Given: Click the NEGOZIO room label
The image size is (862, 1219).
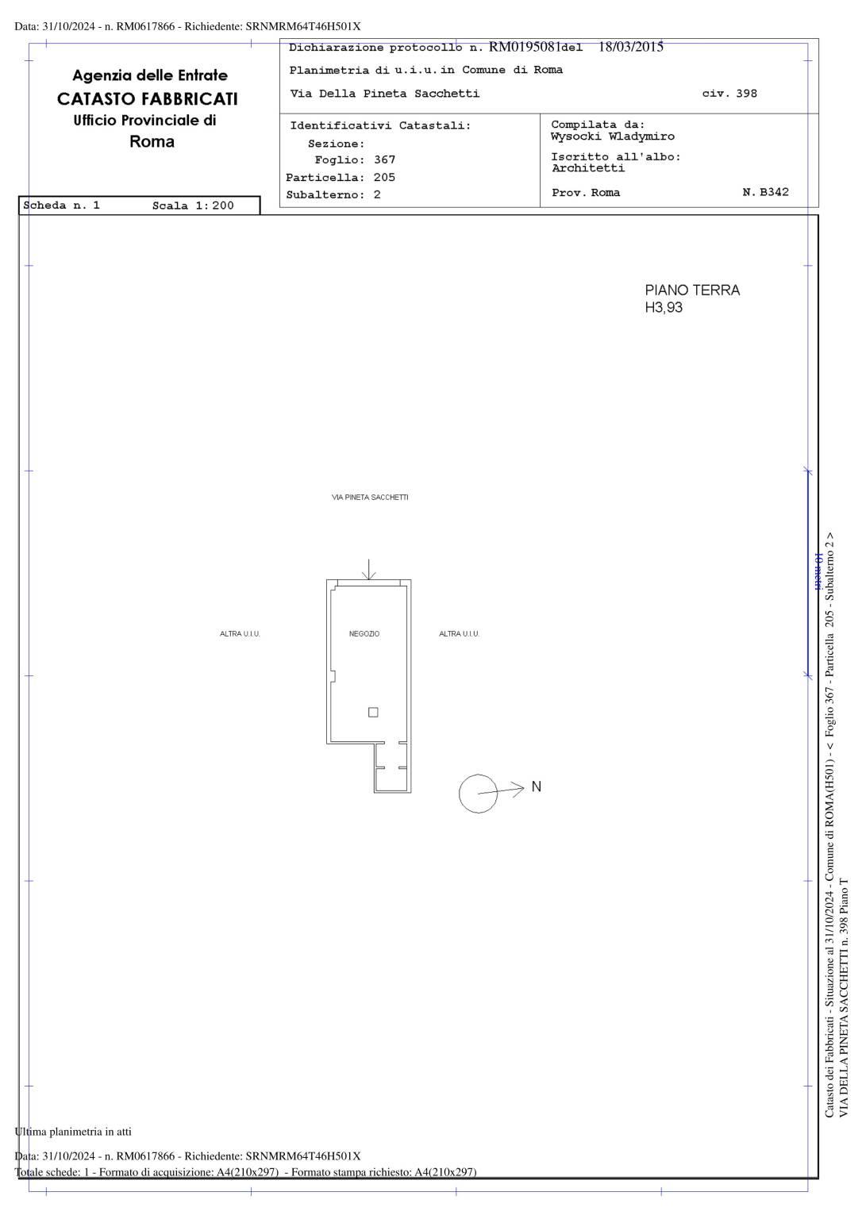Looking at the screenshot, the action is tap(364, 633).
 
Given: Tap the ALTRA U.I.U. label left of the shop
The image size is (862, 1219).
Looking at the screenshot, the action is tap(240, 633).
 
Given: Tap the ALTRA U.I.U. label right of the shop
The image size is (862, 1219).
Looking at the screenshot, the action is tap(459, 633).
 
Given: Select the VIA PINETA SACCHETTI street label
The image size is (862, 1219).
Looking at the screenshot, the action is tap(370, 497).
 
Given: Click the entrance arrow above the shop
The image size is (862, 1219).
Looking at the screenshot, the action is tap(369, 569).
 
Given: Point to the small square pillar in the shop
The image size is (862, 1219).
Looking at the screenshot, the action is tap(373, 712).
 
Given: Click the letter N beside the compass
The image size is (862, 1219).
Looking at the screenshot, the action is tap(536, 786).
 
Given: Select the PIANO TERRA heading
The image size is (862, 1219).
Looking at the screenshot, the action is tap(692, 290).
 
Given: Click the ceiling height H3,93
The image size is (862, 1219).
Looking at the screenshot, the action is tap(664, 307).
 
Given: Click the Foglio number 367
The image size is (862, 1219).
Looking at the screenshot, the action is tap(384, 160).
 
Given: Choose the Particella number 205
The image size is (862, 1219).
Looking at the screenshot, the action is tap(384, 178).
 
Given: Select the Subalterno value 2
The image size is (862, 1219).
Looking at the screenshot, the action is tap(377, 194).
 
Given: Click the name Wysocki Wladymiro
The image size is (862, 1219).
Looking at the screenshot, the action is tap(612, 137).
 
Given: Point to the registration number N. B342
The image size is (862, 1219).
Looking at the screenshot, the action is tap(765, 192).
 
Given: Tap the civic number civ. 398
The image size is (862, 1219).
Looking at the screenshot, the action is tap(729, 93).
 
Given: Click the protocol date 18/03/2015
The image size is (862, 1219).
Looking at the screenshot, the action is tap(631, 47).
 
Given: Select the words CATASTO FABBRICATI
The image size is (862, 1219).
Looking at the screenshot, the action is tap(148, 98).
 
